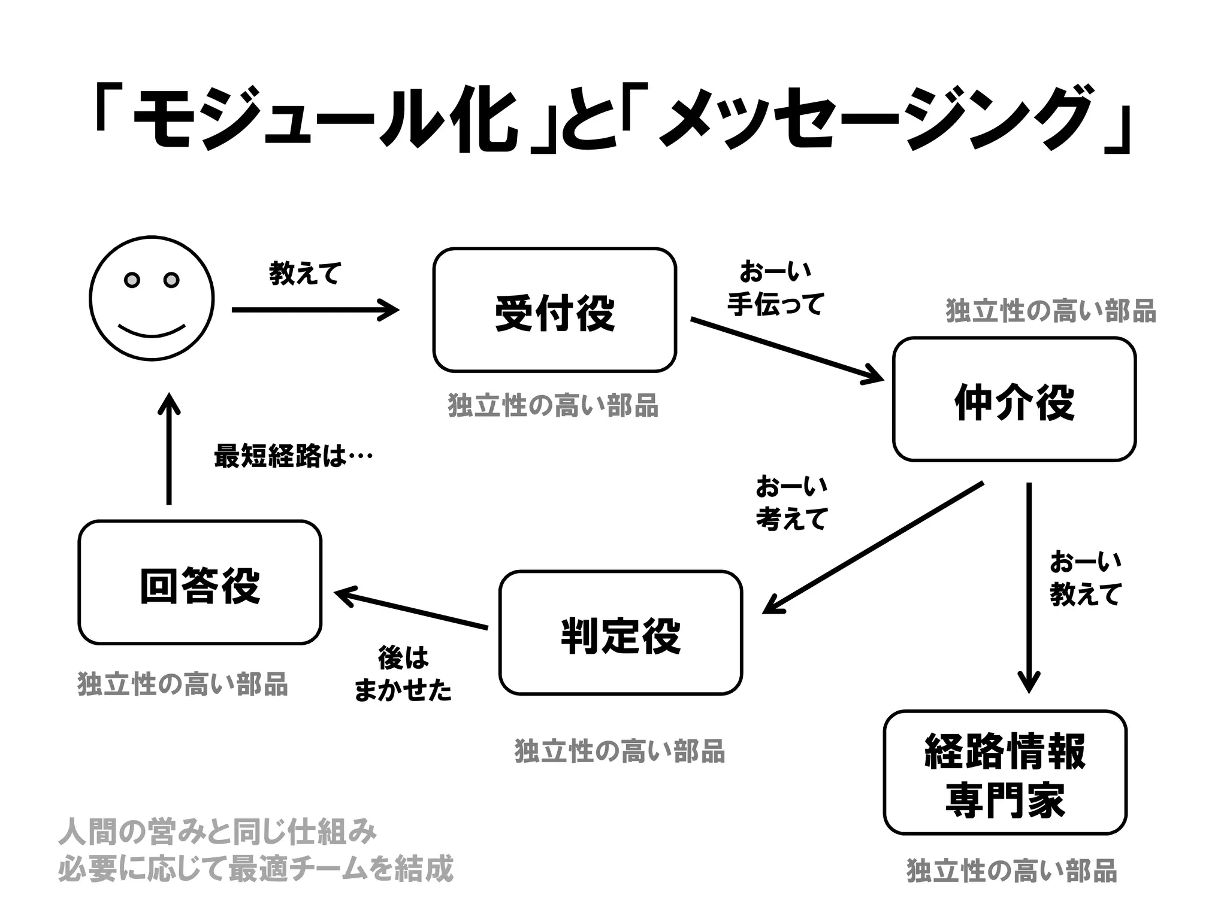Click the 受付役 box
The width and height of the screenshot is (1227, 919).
click(554, 310)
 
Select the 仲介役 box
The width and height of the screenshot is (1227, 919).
click(1014, 399)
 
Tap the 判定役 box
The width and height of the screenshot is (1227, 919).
click(620, 633)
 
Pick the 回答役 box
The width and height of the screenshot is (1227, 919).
click(200, 583)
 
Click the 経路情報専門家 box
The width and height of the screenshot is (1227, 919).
click(1005, 772)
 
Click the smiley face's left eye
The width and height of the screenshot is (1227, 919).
click(132, 280)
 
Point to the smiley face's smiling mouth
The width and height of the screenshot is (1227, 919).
click(151, 331)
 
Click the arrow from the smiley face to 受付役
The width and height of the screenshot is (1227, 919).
click(315, 310)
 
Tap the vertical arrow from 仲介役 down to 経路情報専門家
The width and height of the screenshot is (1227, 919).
click(1029, 587)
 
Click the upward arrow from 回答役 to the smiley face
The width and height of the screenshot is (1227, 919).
click(169, 449)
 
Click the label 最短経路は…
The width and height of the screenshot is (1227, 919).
click(293, 456)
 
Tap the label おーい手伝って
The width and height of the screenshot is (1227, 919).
click(775, 288)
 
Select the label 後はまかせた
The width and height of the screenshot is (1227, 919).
click(403, 674)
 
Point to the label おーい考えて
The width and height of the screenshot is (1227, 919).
click(791, 502)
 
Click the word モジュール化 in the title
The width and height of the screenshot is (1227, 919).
click(324, 123)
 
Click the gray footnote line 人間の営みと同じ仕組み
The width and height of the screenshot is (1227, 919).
click(217, 832)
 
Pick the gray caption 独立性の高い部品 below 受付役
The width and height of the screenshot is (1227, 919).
click(552, 405)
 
